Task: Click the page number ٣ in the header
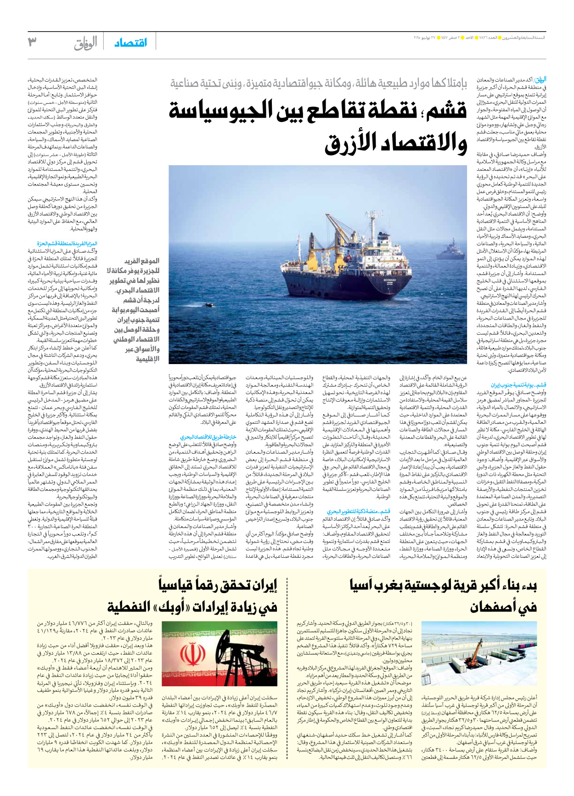(32, 42)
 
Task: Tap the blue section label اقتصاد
(131, 43)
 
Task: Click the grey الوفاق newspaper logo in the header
(85, 43)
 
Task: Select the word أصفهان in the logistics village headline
(503, 607)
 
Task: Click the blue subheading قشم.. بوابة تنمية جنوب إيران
(518, 385)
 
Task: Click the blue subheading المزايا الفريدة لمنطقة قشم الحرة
(67, 244)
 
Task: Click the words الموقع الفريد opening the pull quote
(142, 261)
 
